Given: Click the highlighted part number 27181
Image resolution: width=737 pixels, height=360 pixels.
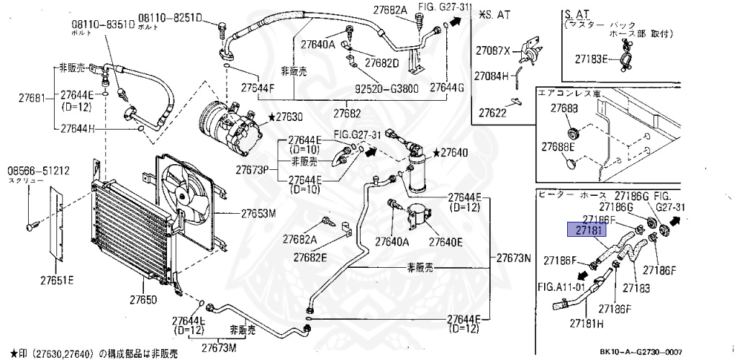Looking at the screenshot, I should [588, 230].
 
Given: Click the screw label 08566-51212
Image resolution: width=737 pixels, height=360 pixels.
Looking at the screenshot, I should [38, 171].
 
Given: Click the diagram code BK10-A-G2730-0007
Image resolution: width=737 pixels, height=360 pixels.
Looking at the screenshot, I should [640, 352].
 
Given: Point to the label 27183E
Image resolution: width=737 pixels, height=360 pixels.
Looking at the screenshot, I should [592, 58].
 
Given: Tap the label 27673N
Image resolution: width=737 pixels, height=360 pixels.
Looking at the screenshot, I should [514, 258].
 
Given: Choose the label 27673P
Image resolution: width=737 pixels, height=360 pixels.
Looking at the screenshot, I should [252, 170].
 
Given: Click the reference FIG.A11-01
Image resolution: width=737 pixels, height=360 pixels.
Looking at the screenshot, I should [562, 286].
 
